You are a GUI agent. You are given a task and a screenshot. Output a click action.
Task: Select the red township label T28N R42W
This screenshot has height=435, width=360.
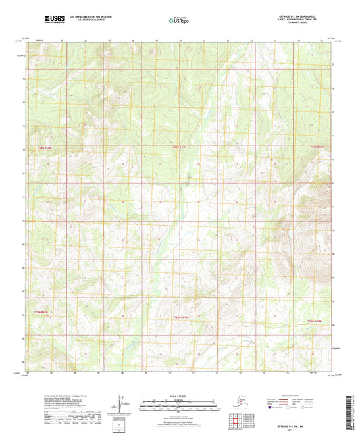[x=41, y=312]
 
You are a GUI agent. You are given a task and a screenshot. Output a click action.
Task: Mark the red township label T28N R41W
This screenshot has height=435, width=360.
[x=179, y=317]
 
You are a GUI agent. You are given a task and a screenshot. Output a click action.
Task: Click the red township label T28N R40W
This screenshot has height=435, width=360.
[x=316, y=321]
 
